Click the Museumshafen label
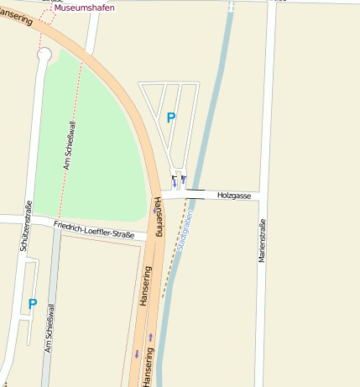[x=86, y=7]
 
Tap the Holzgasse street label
[x=234, y=195]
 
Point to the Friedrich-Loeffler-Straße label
[x=94, y=229]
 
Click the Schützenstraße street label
[x=27, y=227]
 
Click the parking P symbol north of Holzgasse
[x=171, y=118]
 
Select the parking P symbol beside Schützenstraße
[x=33, y=304]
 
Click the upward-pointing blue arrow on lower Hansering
[x=151, y=337]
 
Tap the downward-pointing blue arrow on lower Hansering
[x=136, y=354]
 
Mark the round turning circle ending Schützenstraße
[x=44, y=55]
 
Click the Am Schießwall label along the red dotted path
[x=66, y=143]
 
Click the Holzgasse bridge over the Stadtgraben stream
[x=195, y=195]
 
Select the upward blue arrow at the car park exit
[x=183, y=179]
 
